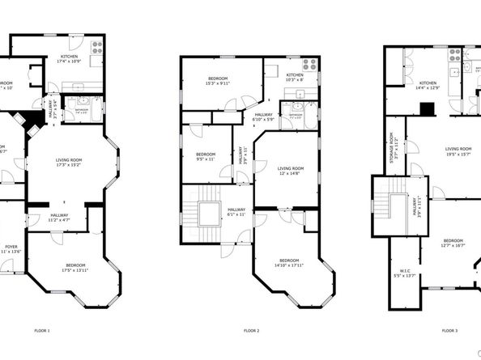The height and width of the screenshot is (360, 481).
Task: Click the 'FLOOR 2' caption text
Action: [251, 330]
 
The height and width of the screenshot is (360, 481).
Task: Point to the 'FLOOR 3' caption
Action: [449, 330]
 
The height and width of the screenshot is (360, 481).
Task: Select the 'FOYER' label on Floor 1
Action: [11, 248]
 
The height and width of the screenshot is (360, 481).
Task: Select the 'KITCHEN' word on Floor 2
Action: [295, 74]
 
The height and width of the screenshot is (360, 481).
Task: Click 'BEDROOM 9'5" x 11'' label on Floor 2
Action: [205, 156]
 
